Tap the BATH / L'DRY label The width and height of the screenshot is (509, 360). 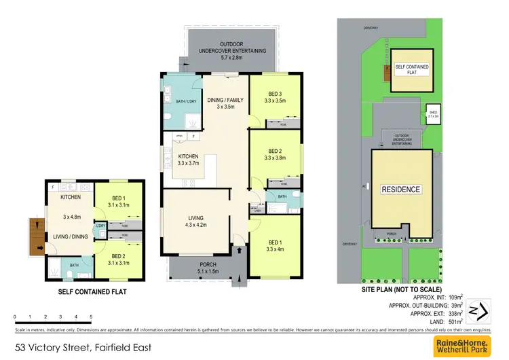(x=176, y=101)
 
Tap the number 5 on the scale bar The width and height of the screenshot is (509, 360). (x=91, y=317)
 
